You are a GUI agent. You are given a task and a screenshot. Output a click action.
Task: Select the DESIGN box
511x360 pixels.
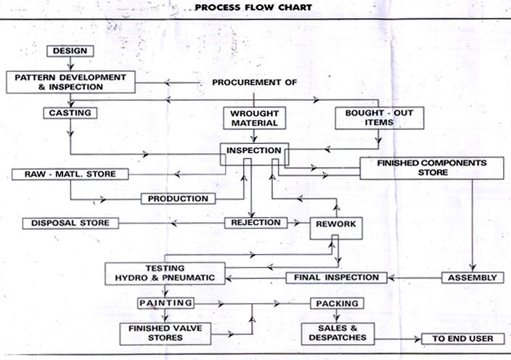(x=70, y=51)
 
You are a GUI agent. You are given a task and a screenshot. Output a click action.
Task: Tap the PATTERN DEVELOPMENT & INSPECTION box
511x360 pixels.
(x=70, y=81)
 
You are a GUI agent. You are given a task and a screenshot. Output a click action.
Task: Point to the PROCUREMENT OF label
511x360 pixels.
(x=254, y=82)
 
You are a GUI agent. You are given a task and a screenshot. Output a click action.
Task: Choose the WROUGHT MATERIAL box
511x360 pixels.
(x=254, y=118)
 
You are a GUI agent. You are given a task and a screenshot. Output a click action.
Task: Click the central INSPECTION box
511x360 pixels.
(x=254, y=152)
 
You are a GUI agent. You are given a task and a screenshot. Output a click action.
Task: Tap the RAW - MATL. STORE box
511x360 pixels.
(x=70, y=174)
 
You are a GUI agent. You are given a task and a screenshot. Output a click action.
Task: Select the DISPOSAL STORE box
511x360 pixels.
(x=70, y=223)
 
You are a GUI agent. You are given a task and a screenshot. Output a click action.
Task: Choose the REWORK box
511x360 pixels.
(x=336, y=225)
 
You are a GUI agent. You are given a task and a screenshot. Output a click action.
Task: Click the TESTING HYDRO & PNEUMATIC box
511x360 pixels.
(x=165, y=272)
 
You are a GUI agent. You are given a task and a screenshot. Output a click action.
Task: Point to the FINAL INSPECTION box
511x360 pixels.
(x=336, y=277)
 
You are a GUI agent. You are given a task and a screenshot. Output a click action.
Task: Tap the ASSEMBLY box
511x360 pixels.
(x=472, y=277)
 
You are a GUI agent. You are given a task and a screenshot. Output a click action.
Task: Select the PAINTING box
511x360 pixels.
(x=165, y=303)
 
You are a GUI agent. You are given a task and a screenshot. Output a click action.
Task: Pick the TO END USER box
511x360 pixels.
(x=462, y=339)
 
